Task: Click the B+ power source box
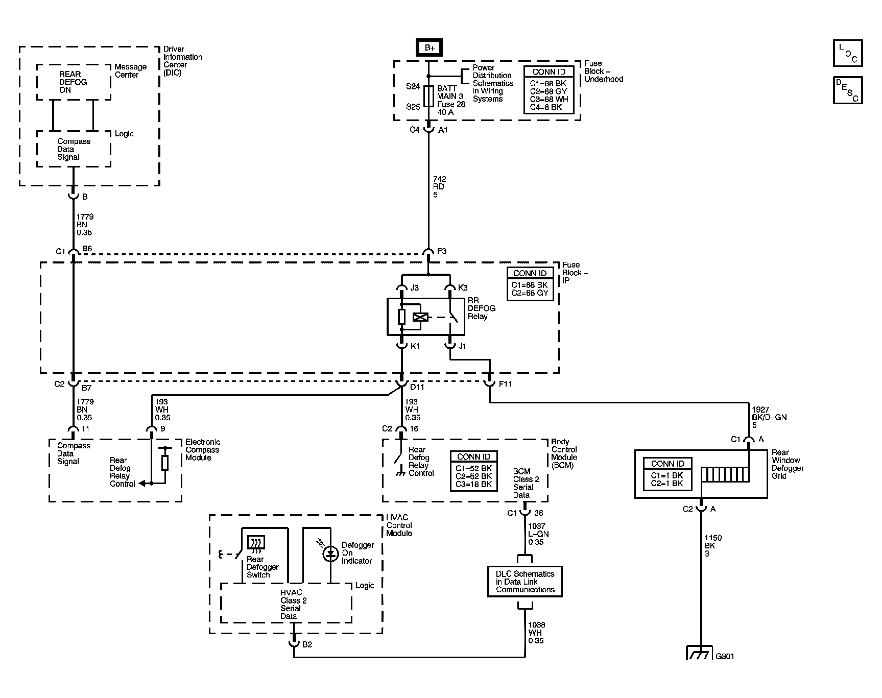(429, 47)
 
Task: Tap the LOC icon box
(847, 53)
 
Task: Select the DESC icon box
(847, 90)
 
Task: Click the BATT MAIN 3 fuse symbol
(428, 97)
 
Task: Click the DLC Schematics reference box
(525, 582)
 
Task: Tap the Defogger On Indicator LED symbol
(330, 553)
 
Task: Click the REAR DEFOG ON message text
(73, 82)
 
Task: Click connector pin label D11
(417, 387)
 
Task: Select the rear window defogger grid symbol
(725, 475)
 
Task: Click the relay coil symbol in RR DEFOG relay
(420, 318)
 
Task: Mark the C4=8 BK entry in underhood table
(545, 107)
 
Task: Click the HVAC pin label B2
(306, 645)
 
